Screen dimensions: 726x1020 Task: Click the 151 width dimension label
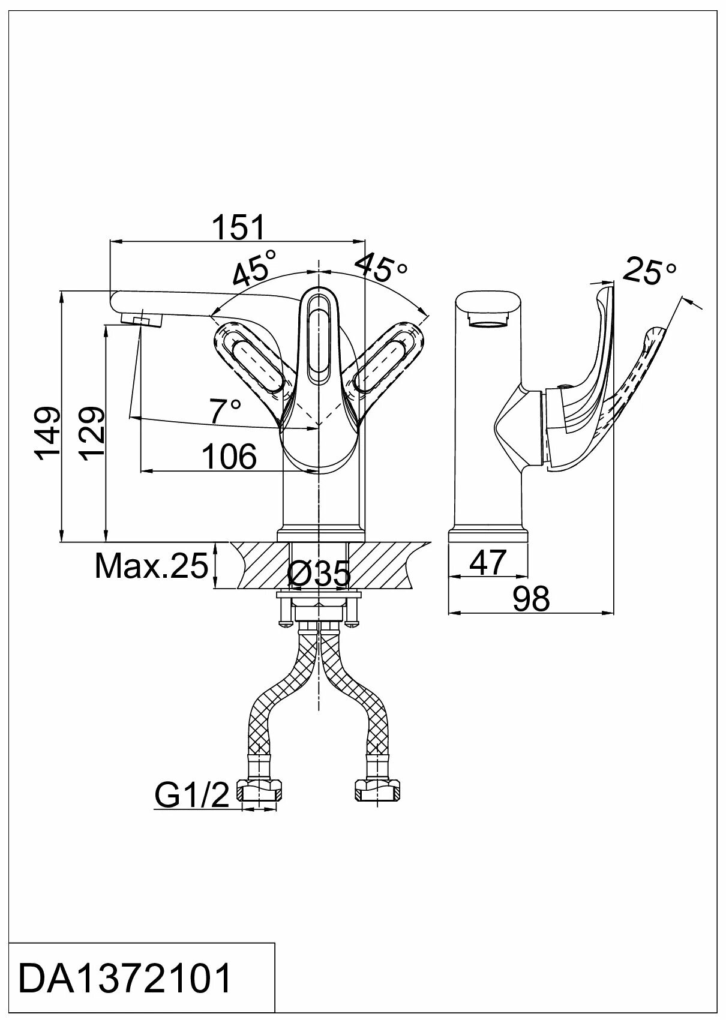click(x=238, y=228)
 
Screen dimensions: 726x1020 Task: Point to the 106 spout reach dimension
click(x=229, y=458)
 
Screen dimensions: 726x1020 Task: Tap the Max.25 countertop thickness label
click(x=151, y=565)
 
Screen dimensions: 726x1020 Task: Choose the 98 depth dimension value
click(x=531, y=599)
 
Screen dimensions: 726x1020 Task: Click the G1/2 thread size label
click(x=192, y=796)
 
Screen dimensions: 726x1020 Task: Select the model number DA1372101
click(x=125, y=979)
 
